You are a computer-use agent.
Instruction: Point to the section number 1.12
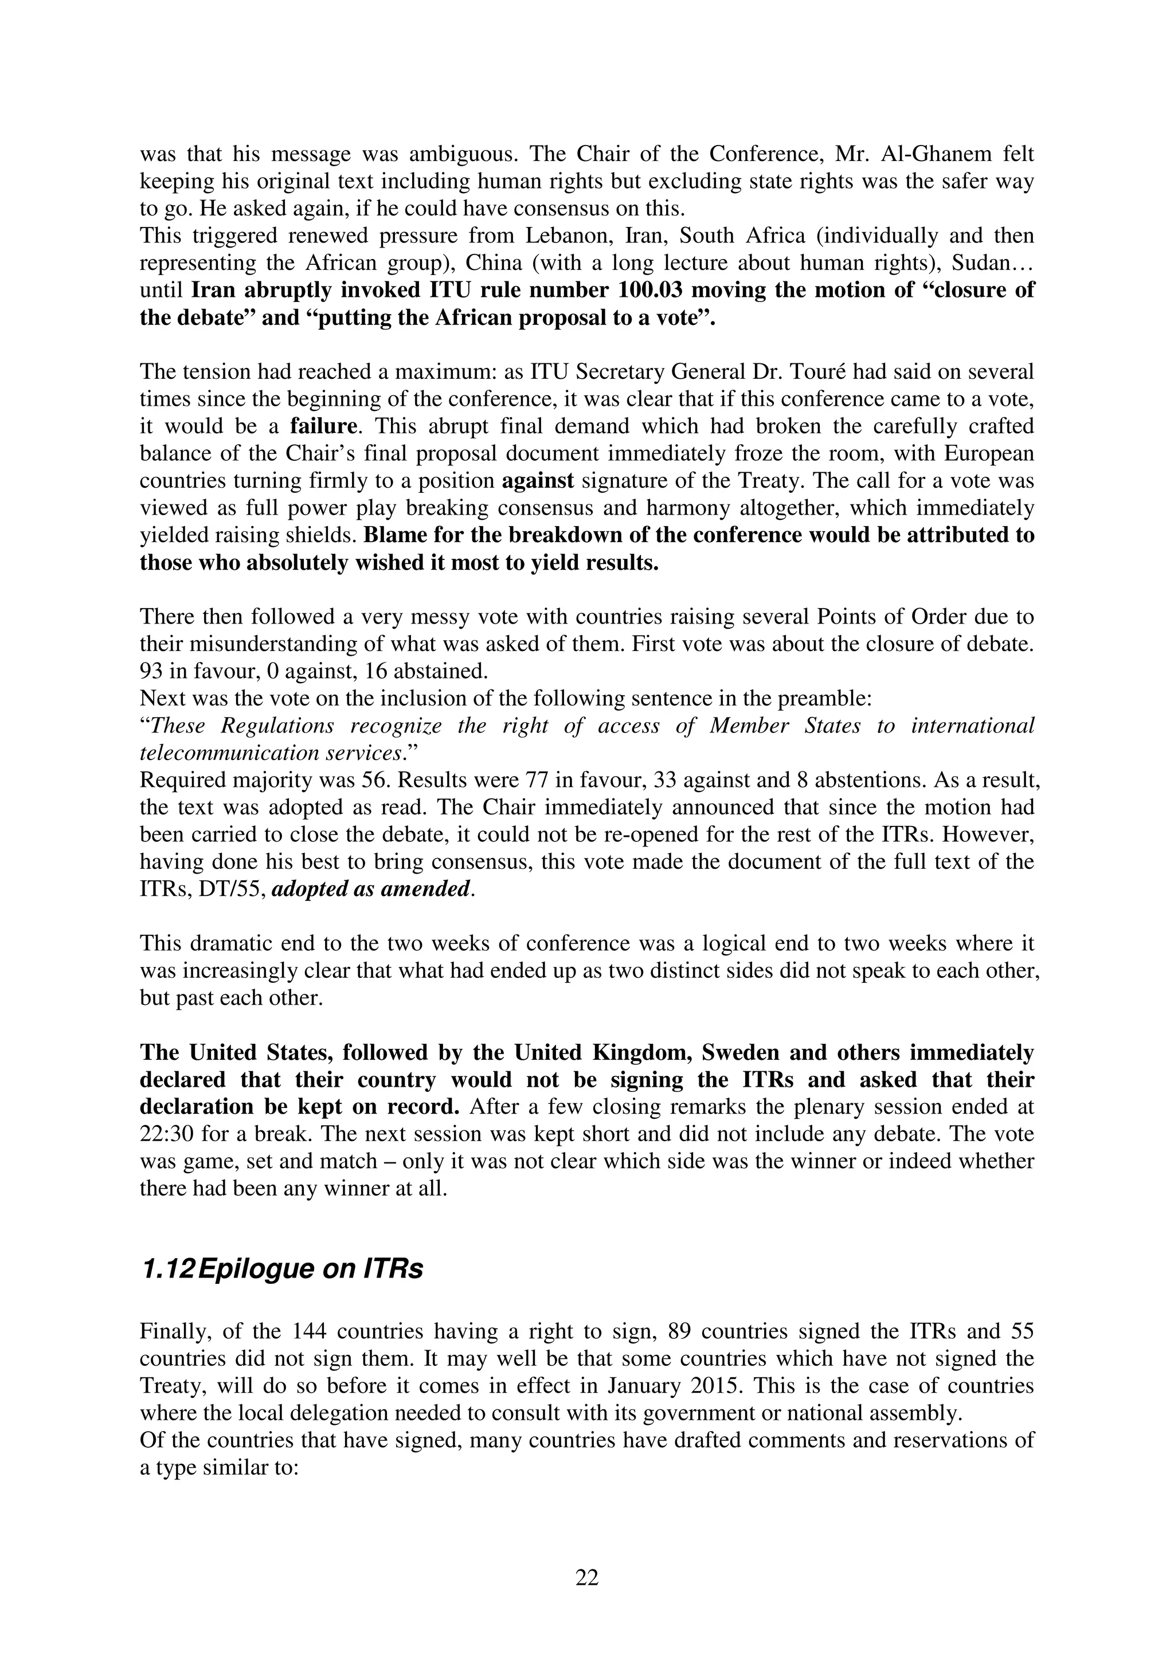[x=166, y=1270]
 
